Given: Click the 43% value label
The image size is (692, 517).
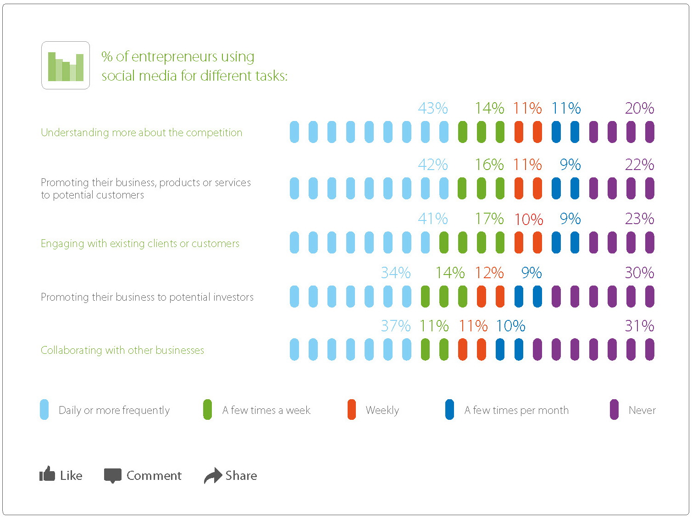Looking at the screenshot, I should coord(432,109).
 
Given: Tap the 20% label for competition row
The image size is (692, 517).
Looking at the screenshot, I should coord(639,109).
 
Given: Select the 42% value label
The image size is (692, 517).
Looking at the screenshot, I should coord(432,165).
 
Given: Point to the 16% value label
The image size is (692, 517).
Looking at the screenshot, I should coord(489,165).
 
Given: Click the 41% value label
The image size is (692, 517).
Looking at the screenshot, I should coord(432,219).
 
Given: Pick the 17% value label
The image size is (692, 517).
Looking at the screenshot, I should coord(489,219).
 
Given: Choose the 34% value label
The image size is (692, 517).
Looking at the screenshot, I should coord(395,273).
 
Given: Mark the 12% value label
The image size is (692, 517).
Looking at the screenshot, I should coord(489,273).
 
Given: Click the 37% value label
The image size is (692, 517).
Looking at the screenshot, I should coord(395,326).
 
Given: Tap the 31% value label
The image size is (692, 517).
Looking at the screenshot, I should coord(639,326).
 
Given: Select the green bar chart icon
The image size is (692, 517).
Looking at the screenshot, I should coord(66,66).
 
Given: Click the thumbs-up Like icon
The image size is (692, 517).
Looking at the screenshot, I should coord(47,474).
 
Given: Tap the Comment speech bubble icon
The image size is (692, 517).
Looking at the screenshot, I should coord(112,476).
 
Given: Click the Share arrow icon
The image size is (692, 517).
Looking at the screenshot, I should coord(212,475).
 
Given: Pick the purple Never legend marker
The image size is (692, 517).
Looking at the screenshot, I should coord(614,410).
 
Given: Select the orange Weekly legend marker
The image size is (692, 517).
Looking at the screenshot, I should coord(352,410).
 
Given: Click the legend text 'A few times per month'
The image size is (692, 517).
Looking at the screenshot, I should coord(516,410).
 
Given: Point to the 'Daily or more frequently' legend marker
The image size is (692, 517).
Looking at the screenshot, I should coord(44,410).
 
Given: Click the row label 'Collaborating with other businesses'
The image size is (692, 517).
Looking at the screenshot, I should coord(122,351).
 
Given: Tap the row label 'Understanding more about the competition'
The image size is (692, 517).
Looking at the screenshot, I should coord(141,133).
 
